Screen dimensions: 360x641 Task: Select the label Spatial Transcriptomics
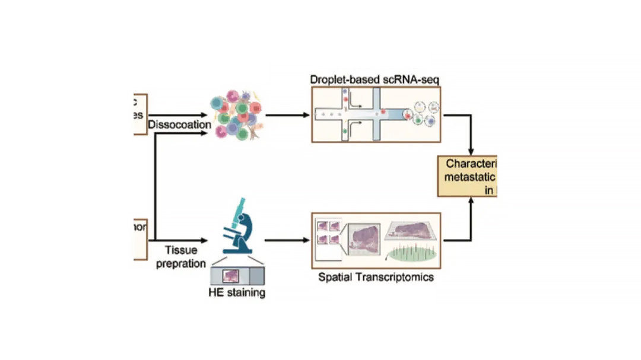pos(376,276)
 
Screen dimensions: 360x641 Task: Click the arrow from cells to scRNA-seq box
pos(287,115)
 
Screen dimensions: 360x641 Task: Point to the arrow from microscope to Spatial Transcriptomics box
pos(287,241)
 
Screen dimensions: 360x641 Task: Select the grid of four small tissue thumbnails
pos(329,233)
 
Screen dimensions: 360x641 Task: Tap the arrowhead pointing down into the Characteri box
pos(472,151)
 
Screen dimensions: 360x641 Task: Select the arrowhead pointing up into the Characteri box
pos(472,202)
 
